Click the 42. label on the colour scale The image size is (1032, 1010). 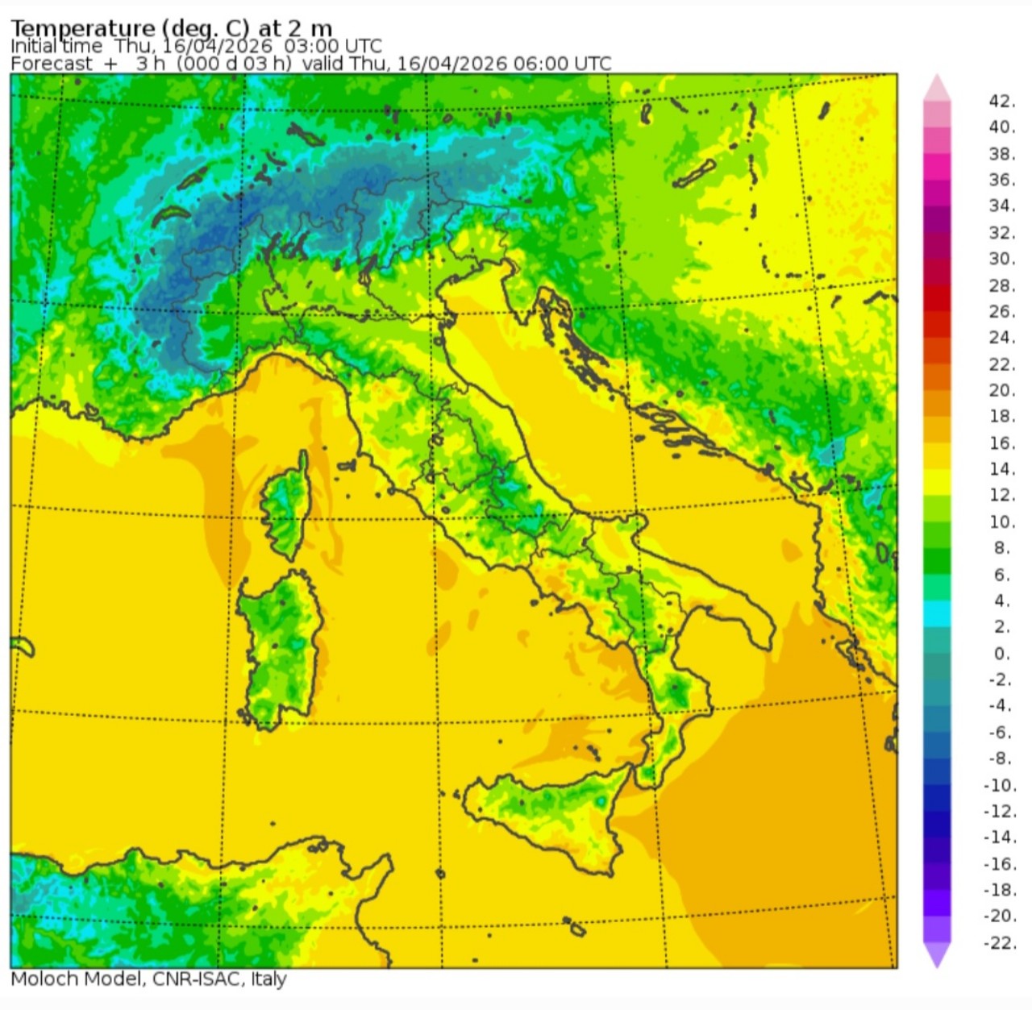point(1001,101)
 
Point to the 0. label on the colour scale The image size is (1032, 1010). point(1001,653)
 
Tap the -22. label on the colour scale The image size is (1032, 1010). point(999,942)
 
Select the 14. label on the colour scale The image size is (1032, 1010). point(1001,468)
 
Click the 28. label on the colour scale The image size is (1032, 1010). point(1001,285)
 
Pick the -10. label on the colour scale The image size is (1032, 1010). point(999,784)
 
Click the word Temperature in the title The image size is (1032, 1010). point(82,29)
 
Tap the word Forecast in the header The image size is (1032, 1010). point(52,64)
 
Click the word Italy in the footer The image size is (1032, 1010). point(268,979)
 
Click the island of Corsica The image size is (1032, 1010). point(287,504)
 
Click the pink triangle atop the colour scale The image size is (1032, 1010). point(937,87)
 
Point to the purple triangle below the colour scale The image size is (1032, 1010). point(937,955)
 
